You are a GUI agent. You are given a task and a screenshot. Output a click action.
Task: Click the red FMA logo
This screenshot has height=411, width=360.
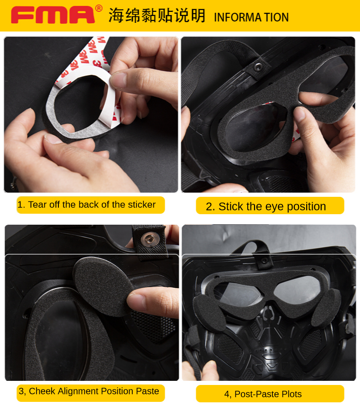click(x=52, y=15)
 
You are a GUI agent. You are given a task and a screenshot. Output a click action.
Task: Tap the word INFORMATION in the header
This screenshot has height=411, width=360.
click(x=251, y=17)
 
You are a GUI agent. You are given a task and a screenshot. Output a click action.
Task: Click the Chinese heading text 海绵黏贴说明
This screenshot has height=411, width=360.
click(x=157, y=16)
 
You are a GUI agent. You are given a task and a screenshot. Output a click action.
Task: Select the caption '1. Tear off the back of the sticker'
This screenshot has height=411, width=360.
click(x=86, y=205)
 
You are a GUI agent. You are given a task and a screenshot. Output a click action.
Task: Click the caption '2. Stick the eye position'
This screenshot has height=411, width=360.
click(x=266, y=206)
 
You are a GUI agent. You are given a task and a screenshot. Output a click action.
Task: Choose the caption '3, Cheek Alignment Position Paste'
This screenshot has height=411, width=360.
click(x=89, y=391)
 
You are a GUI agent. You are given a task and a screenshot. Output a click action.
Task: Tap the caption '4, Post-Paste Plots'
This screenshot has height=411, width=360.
click(x=263, y=394)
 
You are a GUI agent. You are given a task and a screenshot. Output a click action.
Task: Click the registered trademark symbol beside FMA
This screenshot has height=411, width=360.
click(x=99, y=8)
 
